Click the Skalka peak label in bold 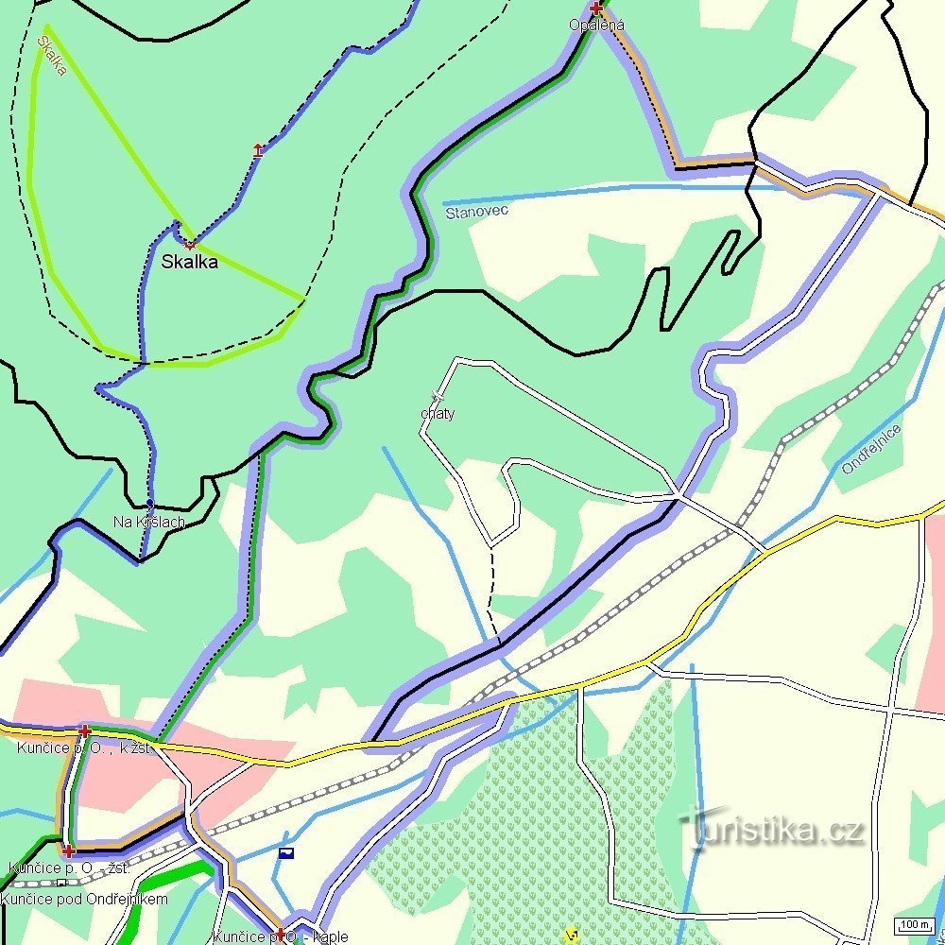(x=189, y=262)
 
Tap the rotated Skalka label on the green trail (x=51, y=56)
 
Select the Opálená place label (x=596, y=25)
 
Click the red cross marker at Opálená (x=595, y=9)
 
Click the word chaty (x=438, y=413)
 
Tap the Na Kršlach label (x=148, y=522)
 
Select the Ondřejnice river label (x=871, y=449)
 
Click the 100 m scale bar (x=915, y=924)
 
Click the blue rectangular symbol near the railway (x=286, y=852)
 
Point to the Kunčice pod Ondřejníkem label (x=84, y=899)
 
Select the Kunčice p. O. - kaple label (x=281, y=937)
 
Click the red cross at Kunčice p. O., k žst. (x=85, y=730)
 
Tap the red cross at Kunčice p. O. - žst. (x=67, y=850)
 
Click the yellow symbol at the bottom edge (x=571, y=936)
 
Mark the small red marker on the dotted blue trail (x=258, y=149)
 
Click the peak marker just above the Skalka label (x=190, y=245)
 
